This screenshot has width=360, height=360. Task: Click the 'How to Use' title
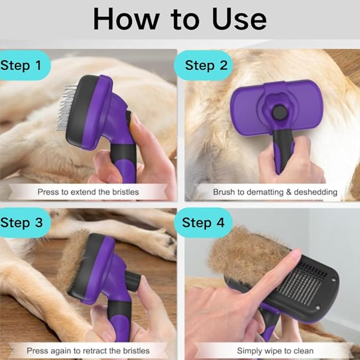pyautogui.click(x=180, y=19)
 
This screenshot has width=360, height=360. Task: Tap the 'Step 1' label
pyautogui.click(x=21, y=65)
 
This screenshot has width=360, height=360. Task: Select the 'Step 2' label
pyautogui.click(x=206, y=65)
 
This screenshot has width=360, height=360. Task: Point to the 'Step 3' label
pyautogui.click(x=22, y=223)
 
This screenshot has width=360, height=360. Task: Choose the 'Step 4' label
pyautogui.click(x=203, y=223)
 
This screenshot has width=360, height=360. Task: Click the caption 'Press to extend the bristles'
pyautogui.click(x=88, y=192)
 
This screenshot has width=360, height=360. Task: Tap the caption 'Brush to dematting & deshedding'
pyautogui.click(x=275, y=192)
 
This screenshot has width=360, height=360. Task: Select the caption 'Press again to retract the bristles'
pyautogui.click(x=88, y=351)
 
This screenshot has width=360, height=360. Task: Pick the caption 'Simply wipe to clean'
pyautogui.click(x=275, y=351)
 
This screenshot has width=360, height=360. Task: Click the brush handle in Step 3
pyautogui.click(x=120, y=321)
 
